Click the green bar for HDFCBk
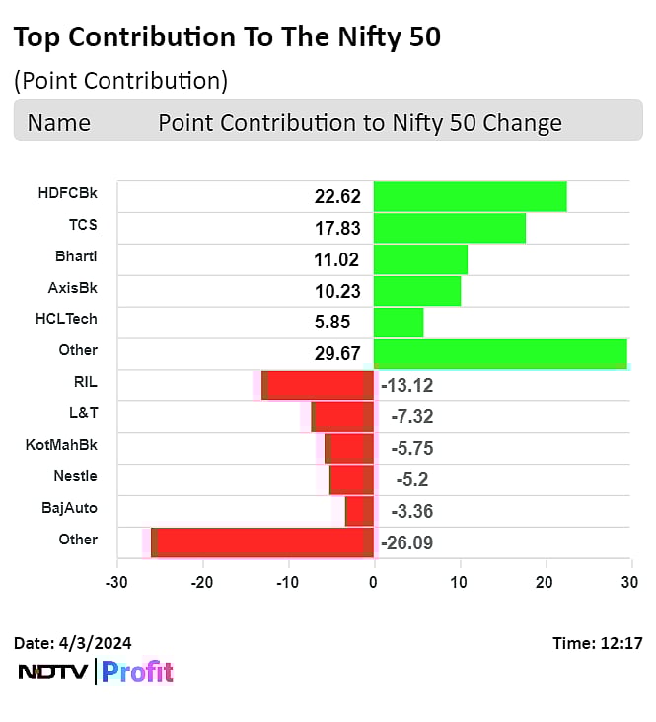pos(470,197)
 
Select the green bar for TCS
pos(449,228)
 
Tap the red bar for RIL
pos(319,385)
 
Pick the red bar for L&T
pos(341,416)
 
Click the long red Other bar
pos(262,542)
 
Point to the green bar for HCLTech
pos(399,323)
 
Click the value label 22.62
pos(337,197)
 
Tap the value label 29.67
pos(337,353)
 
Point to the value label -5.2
pos(406,479)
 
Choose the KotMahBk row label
pos(61,445)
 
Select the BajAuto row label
pos(69,508)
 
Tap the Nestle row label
pos(75,476)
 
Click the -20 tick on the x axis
pos(202,583)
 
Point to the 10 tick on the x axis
pos(459,583)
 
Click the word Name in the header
pos(59,123)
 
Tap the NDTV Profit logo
pos(96,673)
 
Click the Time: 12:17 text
pos(598,644)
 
